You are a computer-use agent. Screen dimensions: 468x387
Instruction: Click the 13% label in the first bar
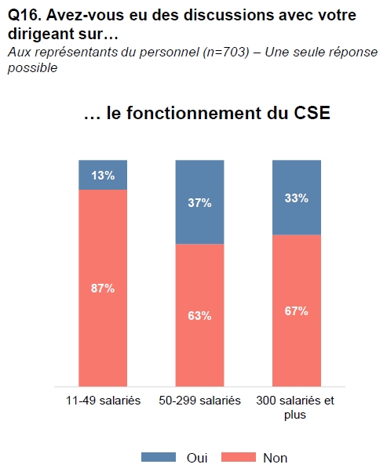[x=103, y=176]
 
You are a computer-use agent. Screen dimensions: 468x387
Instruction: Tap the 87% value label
[x=103, y=288]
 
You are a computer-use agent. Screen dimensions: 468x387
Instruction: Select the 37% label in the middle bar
[x=199, y=203]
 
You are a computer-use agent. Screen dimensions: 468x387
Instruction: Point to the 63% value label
[x=199, y=315]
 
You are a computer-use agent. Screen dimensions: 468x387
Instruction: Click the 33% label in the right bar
[x=297, y=198]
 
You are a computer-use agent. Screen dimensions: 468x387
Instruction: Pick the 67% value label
[x=297, y=310]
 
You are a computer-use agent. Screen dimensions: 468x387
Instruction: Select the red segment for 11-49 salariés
[x=103, y=329]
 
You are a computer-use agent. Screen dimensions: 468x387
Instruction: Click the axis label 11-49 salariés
[x=103, y=401]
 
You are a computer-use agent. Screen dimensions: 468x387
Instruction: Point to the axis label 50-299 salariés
[x=199, y=401]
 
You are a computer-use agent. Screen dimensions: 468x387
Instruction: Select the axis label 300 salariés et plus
[x=295, y=408]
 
